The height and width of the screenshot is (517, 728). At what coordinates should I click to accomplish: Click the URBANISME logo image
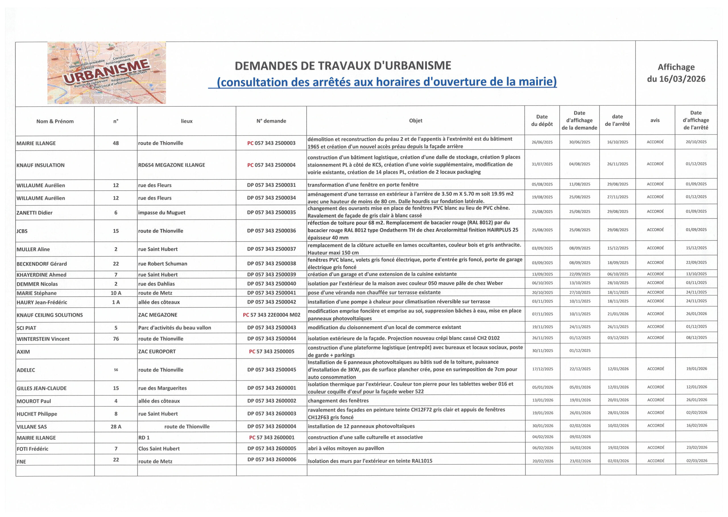[107, 73]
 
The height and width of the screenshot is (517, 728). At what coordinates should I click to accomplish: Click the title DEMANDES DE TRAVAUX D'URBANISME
[343, 65]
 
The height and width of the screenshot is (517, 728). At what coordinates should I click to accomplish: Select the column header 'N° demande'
[271, 121]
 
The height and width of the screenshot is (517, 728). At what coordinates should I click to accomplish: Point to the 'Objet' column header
[415, 121]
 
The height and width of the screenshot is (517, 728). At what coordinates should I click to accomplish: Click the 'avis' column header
[655, 120]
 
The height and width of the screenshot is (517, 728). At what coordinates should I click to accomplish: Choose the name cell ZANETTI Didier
[34, 213]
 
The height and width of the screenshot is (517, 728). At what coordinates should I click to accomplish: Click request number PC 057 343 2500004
[271, 165]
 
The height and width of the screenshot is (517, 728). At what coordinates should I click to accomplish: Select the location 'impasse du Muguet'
[162, 213]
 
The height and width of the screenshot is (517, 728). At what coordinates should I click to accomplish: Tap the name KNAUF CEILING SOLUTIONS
[50, 315]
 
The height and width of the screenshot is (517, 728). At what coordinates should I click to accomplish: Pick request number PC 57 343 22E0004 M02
[271, 315]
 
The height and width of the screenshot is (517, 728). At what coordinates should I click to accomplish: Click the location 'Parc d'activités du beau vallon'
[174, 327]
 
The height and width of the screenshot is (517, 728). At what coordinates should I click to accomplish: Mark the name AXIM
[23, 352]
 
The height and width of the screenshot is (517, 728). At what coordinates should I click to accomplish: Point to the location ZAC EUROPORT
[157, 351]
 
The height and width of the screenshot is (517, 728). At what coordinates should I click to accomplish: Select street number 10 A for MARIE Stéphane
[116, 293]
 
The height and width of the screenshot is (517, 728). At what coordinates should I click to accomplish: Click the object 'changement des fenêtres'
[338, 401]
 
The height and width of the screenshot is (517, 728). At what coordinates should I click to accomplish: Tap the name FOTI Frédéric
[32, 449]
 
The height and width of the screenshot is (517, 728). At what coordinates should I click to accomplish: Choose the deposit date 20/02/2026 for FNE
[543, 461]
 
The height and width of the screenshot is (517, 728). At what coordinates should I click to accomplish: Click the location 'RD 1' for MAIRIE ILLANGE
[144, 438]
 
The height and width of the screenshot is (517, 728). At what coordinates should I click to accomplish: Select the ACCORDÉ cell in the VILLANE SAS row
[656, 426]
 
